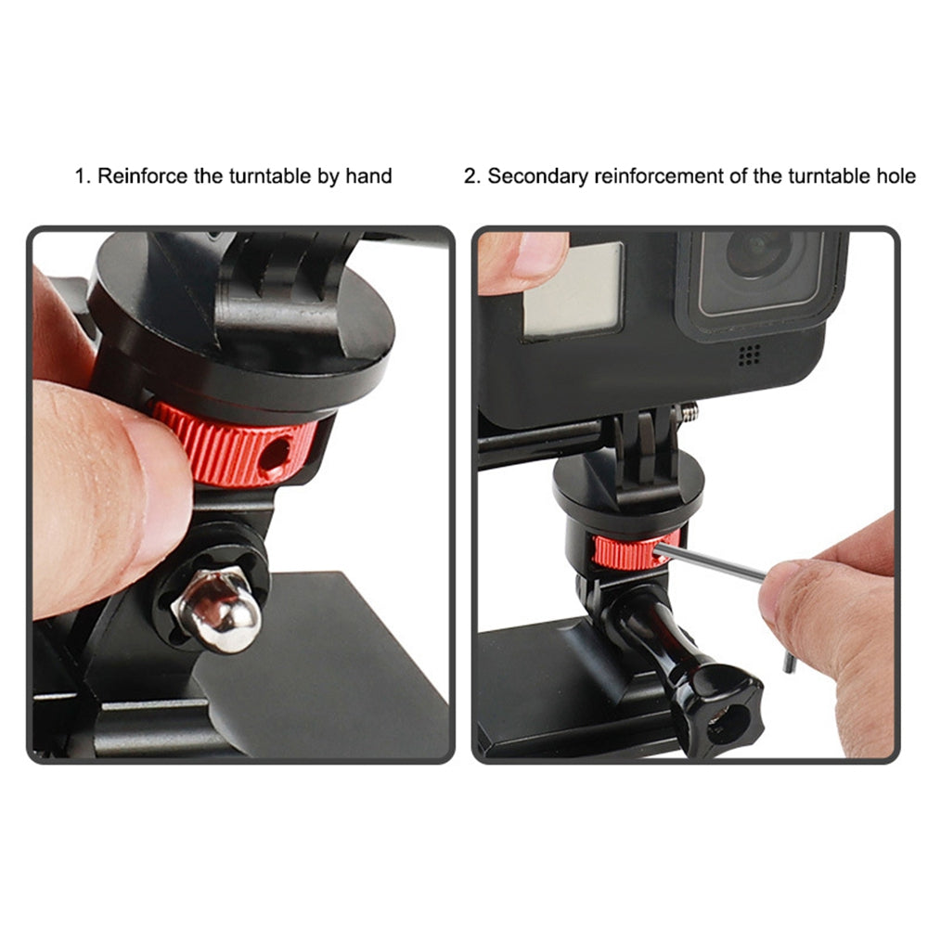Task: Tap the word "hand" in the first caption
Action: click(368, 175)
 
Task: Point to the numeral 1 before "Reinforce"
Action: click(80, 175)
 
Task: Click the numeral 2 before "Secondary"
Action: click(470, 175)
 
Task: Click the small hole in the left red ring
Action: click(275, 453)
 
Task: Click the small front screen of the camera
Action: click(572, 289)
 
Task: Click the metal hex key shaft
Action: click(715, 563)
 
